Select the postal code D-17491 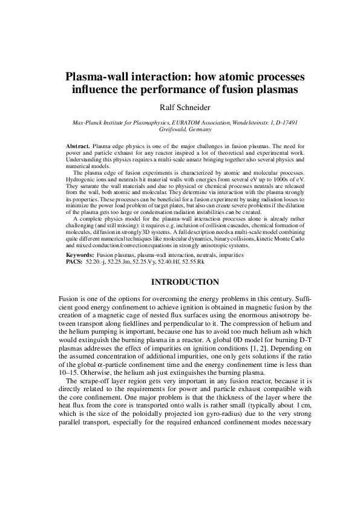(x=284, y=123)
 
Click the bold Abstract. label (x=78, y=146)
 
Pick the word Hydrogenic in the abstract (x=80, y=180)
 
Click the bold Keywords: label (x=81, y=256)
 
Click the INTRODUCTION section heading (x=180, y=282)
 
